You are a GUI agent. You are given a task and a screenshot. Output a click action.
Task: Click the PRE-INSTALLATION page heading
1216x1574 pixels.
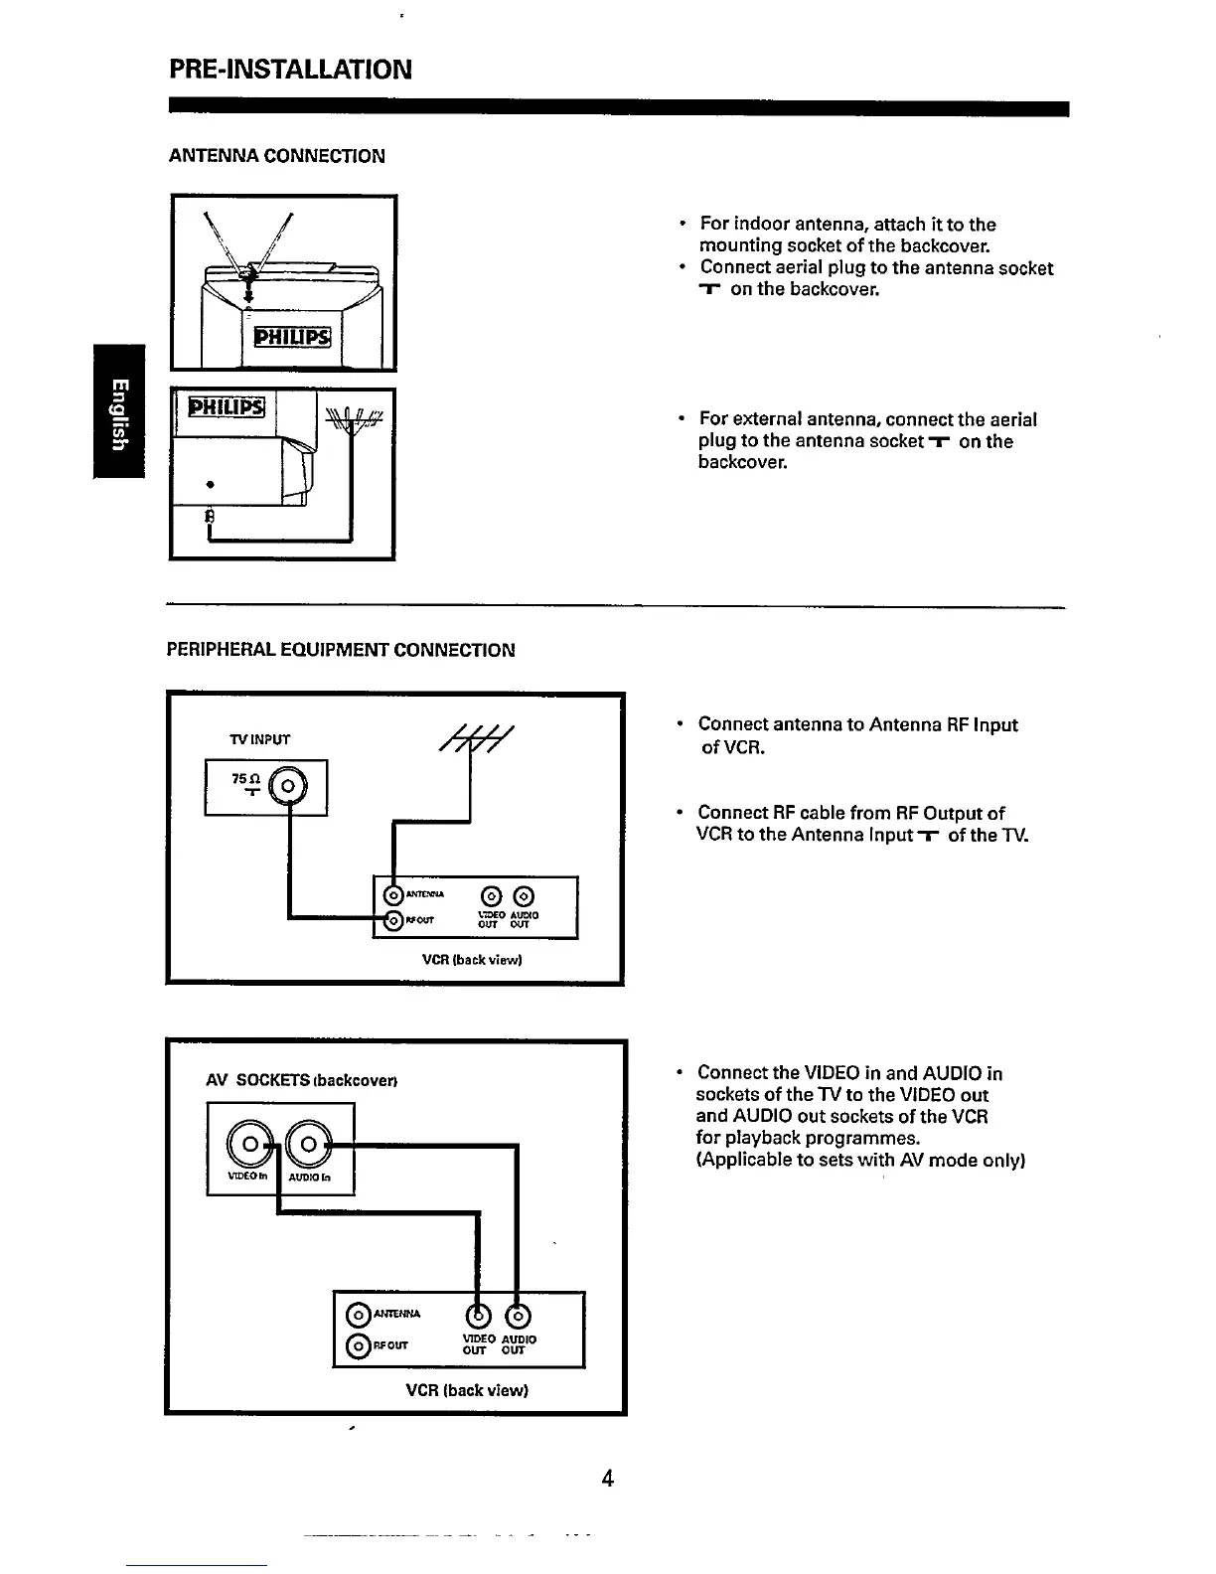(x=288, y=69)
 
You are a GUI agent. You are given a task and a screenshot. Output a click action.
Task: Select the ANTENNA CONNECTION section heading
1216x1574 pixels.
(x=276, y=156)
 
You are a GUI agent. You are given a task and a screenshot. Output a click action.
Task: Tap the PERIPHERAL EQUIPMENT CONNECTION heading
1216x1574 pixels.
(x=341, y=650)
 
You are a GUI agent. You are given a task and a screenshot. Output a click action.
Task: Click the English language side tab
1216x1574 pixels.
(x=119, y=410)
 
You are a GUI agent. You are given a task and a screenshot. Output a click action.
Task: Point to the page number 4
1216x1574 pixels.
(x=608, y=1479)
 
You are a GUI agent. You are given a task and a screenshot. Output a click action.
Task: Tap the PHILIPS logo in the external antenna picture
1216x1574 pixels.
(x=228, y=407)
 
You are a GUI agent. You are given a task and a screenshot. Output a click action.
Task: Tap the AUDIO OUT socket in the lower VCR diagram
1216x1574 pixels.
(x=517, y=1315)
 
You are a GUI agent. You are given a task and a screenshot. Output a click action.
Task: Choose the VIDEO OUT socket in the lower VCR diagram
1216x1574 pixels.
(x=478, y=1315)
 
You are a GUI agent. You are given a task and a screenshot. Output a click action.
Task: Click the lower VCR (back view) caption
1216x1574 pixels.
(x=467, y=1389)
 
